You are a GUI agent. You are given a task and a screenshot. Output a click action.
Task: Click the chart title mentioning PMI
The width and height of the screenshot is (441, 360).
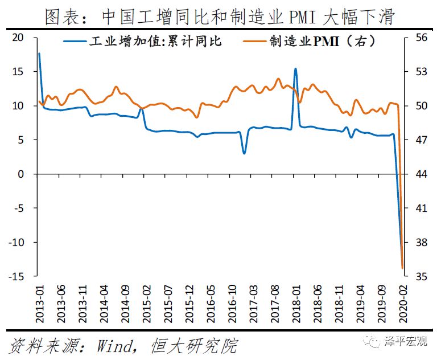tap(220, 16)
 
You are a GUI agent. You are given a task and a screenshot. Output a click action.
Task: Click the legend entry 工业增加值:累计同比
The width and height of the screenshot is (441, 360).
tap(154, 41)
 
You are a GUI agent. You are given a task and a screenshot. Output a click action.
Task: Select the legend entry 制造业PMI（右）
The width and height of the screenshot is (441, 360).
tap(322, 41)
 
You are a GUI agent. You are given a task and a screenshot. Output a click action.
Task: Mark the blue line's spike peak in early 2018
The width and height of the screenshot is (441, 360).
tap(295, 69)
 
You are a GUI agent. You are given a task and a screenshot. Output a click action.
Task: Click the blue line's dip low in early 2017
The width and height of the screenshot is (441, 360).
tap(244, 153)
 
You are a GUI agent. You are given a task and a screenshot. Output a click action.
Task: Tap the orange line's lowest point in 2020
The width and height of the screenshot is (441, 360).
tap(402, 268)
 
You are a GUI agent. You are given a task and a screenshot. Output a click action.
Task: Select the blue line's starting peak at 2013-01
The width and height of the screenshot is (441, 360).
tap(39, 54)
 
